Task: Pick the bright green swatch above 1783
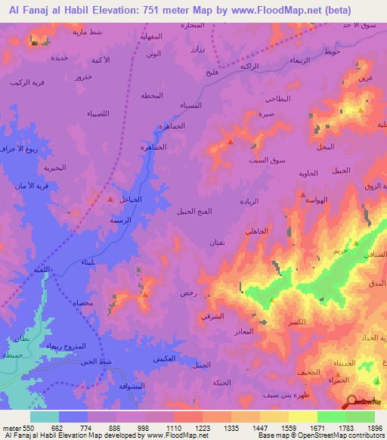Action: [x=332, y=417]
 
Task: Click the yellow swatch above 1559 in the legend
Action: [x=303, y=417]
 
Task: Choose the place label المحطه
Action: [x=153, y=95]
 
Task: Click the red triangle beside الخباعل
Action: [x=112, y=200]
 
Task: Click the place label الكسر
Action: [x=297, y=322]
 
